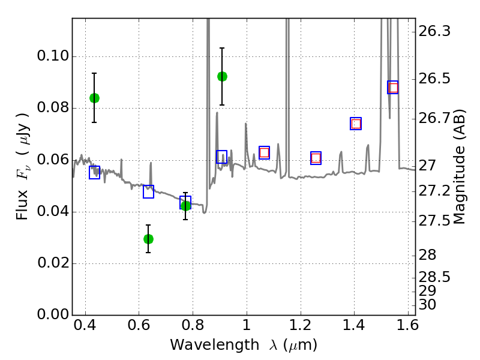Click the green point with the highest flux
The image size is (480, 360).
[222, 77]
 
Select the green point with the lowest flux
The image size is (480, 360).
[148, 239]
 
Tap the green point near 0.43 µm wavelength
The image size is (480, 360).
[95, 98]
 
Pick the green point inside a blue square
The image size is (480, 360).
[185, 206]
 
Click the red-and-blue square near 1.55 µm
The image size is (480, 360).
[393, 88]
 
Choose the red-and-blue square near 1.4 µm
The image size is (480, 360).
[356, 124]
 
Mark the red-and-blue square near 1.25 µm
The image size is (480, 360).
[316, 158]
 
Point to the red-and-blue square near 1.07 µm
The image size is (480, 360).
[264, 153]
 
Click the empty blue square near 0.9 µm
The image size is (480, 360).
[221, 157]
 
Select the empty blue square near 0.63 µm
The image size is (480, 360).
[148, 191]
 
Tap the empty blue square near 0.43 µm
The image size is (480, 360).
[95, 172]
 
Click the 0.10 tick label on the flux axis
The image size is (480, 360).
[53, 56]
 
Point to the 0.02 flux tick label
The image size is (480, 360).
[53, 263]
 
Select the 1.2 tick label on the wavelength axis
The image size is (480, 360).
[301, 325]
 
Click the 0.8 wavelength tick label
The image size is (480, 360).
[193, 325]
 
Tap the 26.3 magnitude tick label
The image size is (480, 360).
[434, 31]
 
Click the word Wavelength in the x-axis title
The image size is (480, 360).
[215, 345]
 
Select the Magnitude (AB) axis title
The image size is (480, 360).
[458, 167]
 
